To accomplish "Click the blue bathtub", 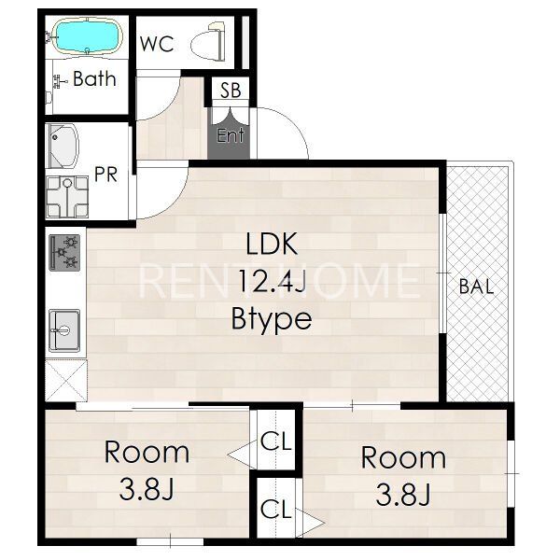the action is coord(87,36).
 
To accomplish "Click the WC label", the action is coord(157,44).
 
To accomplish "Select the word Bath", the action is coord(94,78).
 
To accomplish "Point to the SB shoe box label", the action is coord(231,90).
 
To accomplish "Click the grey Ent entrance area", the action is coord(229,133).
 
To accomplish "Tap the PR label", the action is coord(105,175).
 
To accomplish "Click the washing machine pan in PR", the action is coord(67,197).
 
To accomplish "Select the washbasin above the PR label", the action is coord(63,147).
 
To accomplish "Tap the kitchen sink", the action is coord(64,330).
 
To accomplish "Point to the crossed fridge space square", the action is coord(66,381).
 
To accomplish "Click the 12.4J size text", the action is coord(272,281).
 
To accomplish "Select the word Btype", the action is coord(272,318).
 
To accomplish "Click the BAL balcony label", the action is coord(476,287).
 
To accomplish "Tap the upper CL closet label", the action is coord(276,441).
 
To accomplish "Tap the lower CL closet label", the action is coord(276,509).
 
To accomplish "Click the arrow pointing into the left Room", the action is coord(242,455).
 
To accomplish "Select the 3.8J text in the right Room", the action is coord(403,495).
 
